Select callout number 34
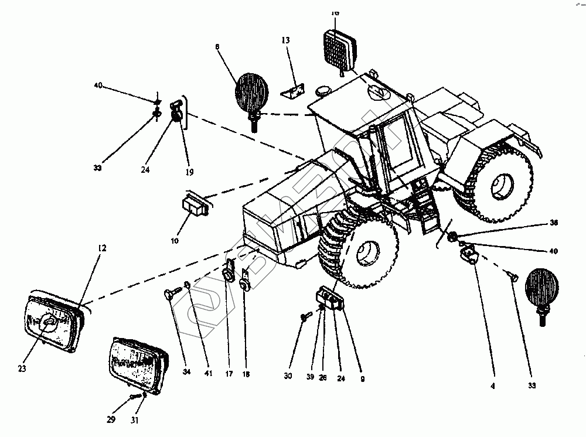click(187, 373)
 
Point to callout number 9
click(363, 379)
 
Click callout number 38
click(553, 223)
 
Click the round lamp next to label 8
click(252, 92)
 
